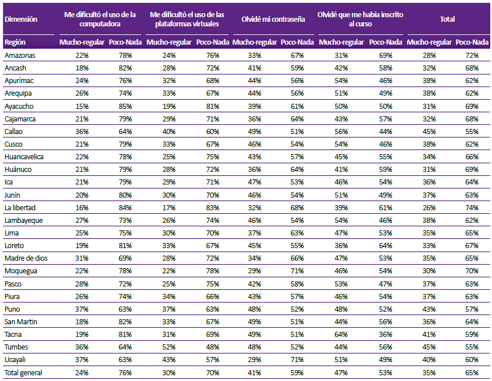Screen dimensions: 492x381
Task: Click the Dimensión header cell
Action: point(21,19)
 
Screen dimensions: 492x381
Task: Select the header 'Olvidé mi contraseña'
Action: point(273,19)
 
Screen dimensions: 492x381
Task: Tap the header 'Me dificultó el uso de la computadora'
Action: point(100,19)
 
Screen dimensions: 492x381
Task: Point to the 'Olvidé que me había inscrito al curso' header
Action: point(360,19)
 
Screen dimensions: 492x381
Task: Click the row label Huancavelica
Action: point(24,156)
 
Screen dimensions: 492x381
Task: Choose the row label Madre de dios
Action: point(26,258)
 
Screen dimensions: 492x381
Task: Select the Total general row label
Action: point(23,372)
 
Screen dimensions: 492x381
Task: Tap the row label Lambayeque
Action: point(23,221)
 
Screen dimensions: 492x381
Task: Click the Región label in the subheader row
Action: point(15,42)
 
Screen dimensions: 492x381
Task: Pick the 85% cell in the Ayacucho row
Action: point(125,107)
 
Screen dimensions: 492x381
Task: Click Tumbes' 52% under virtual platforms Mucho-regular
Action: point(169,347)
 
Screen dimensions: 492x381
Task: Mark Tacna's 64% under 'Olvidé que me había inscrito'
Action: point(341,334)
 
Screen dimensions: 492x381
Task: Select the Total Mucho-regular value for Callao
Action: point(429,132)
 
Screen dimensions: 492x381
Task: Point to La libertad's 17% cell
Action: point(169,208)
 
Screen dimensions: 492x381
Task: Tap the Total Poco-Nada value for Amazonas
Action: point(472,55)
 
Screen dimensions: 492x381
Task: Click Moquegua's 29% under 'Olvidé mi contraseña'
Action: point(254,270)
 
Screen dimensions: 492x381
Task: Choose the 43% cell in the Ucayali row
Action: point(169,360)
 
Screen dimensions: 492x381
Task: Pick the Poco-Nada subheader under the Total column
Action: point(472,42)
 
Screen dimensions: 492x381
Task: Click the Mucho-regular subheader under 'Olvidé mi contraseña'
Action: point(254,42)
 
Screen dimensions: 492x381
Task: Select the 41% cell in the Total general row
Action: point(254,372)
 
